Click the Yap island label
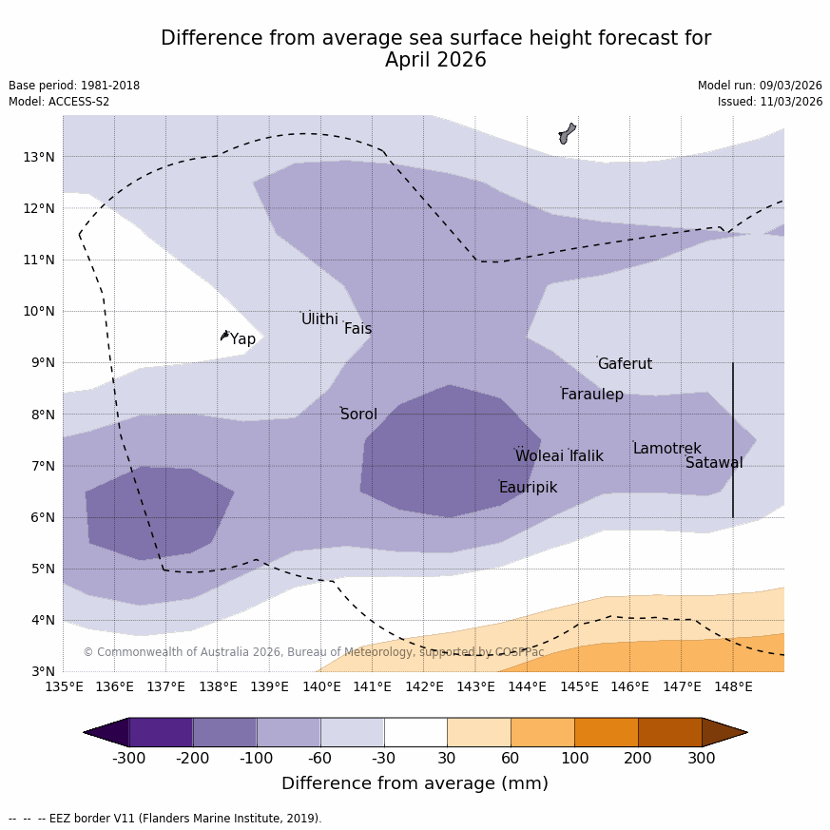coord(242,339)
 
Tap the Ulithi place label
coord(319,319)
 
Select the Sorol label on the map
coord(358,415)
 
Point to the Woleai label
coord(539,456)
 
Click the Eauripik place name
coord(528,488)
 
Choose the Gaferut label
coord(625,364)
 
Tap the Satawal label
coord(714,463)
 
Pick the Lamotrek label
coord(666,449)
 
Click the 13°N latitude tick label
coord(38,157)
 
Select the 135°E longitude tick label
coord(63,687)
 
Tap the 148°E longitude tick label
coord(733,687)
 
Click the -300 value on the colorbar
coord(128,759)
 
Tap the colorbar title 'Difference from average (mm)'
coord(415,784)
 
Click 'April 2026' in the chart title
coord(435,61)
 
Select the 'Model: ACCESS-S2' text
coord(59,102)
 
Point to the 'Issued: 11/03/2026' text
coord(770,102)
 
